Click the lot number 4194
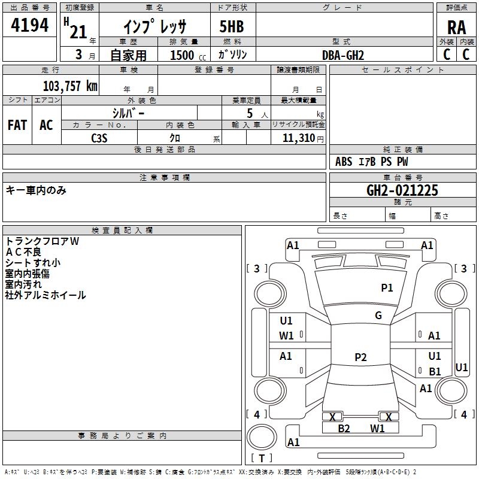(30, 25)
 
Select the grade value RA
(456, 27)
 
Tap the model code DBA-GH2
(342, 54)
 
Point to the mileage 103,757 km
(70, 86)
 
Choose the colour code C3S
(99, 138)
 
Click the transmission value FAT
(17, 125)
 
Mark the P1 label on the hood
(387, 288)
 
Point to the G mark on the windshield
(378, 316)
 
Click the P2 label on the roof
(360, 357)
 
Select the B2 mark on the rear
(344, 428)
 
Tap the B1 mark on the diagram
(435, 372)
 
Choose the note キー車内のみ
(36, 190)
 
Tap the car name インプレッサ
(155, 28)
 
